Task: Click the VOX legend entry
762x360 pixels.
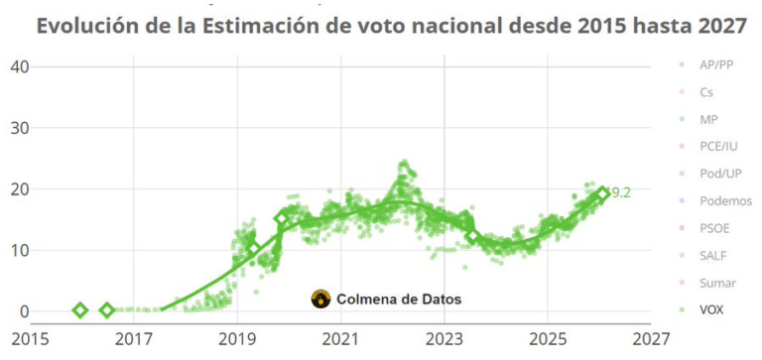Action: click(x=710, y=309)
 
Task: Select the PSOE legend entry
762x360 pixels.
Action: click(x=713, y=228)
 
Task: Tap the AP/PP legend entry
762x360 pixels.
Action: click(x=715, y=65)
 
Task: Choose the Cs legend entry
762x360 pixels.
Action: click(x=705, y=92)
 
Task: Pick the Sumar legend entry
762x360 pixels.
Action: click(x=716, y=283)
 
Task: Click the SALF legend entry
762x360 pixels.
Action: click(x=712, y=255)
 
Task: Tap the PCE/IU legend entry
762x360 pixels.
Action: click(x=717, y=147)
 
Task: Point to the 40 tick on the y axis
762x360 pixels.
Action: click(x=19, y=66)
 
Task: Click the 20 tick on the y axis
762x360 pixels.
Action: click(x=19, y=188)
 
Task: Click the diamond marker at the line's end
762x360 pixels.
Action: click(x=601, y=194)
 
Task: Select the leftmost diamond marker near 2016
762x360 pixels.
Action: click(x=81, y=310)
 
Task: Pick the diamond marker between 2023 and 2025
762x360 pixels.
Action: click(x=473, y=236)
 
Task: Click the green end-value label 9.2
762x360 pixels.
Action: click(x=620, y=192)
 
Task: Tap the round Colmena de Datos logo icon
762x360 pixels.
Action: click(x=320, y=299)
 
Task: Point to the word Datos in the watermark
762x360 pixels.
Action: click(x=438, y=299)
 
